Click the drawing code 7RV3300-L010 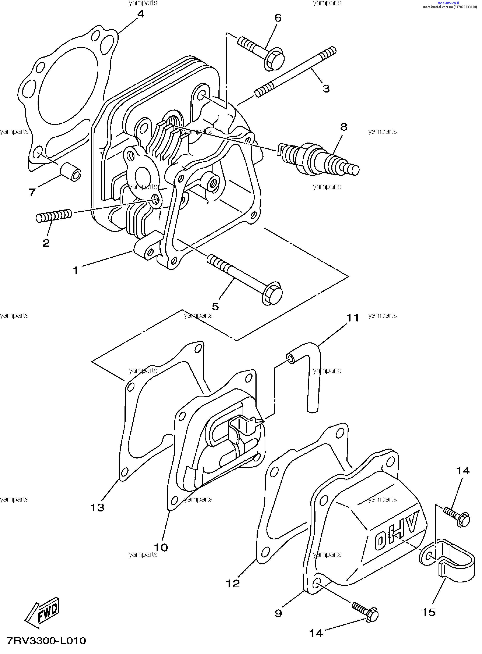46,641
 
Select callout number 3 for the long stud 326,88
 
